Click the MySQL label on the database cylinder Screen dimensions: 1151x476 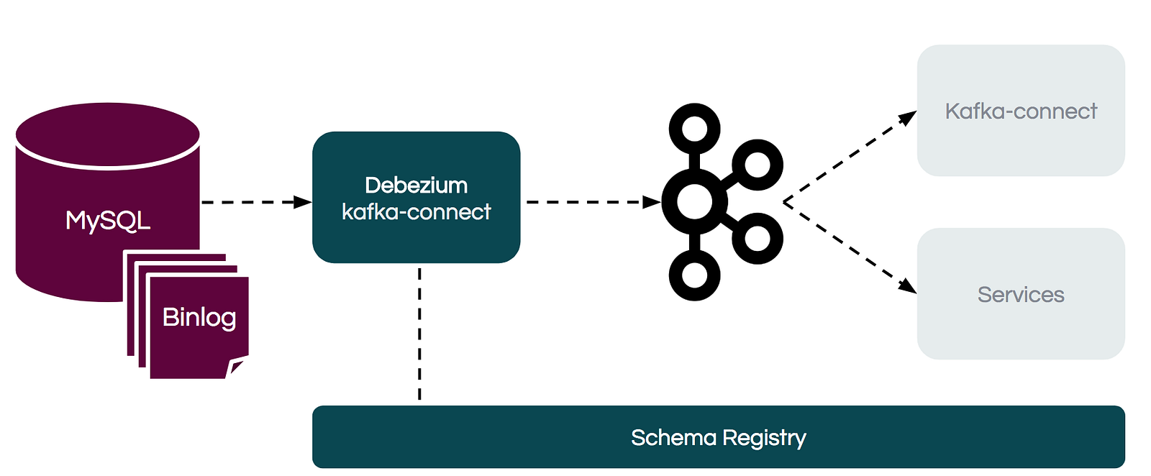pos(108,221)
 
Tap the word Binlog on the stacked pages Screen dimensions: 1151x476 pos(199,318)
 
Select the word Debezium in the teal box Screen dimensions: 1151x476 pos(417,186)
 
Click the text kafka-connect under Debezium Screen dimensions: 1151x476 pos(417,211)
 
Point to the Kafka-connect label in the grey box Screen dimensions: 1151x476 pos(1021,111)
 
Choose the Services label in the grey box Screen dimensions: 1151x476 pos(1021,295)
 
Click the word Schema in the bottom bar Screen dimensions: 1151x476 pos(673,438)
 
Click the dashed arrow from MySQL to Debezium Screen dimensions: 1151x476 pos(256,202)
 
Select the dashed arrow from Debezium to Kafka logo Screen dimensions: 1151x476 pos(593,202)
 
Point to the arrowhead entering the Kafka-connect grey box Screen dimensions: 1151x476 pos(907,118)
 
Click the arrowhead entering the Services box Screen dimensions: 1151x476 pos(907,286)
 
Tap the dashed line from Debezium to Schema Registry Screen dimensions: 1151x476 pos(420,334)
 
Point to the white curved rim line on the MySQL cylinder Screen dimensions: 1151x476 pos(108,168)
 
